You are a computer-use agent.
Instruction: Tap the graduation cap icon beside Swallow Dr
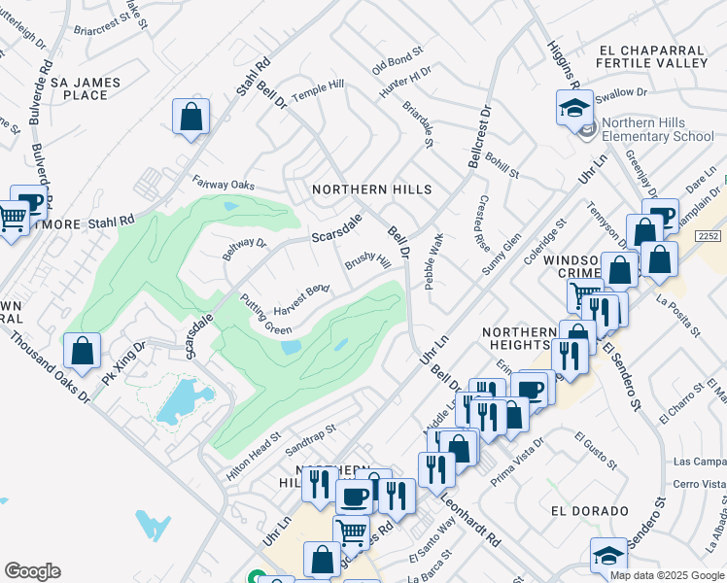(x=574, y=107)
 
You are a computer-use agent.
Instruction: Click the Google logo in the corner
(x=32, y=571)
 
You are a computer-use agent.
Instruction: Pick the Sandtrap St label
(x=310, y=440)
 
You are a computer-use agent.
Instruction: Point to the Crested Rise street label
(x=483, y=223)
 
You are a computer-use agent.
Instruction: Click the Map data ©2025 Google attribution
(x=666, y=575)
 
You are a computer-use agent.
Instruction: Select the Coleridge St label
(x=546, y=240)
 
